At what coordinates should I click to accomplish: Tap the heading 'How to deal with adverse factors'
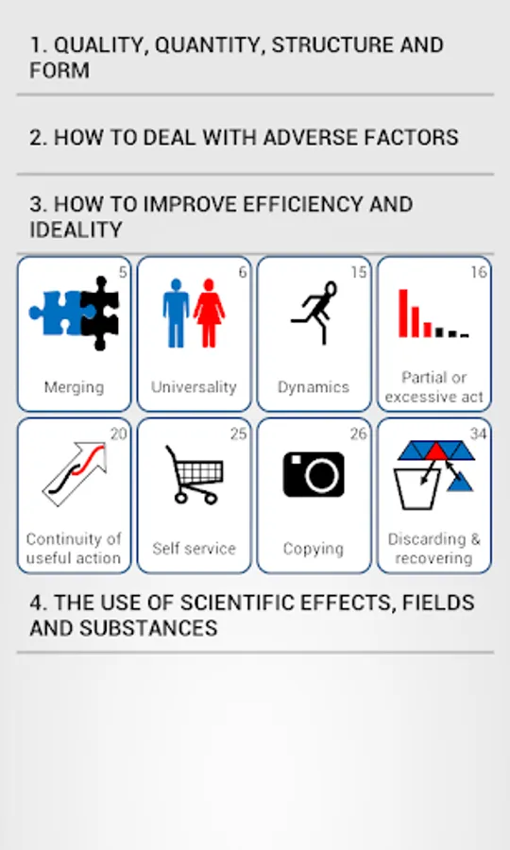pyautogui.click(x=244, y=137)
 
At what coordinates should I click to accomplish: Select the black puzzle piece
pyautogui.click(x=100, y=313)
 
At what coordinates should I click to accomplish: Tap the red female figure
pyautogui.click(x=210, y=313)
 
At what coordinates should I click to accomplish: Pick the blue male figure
pyautogui.click(x=176, y=313)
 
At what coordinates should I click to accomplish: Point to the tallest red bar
pyautogui.click(x=403, y=314)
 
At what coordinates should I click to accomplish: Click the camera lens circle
pyautogui.click(x=321, y=476)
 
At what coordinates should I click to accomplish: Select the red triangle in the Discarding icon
pyautogui.click(x=435, y=452)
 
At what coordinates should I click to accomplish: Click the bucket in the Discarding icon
pyautogui.click(x=417, y=489)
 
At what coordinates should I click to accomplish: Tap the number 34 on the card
pyautogui.click(x=478, y=433)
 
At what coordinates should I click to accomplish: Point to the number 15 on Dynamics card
pyautogui.click(x=359, y=272)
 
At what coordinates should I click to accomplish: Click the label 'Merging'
pyautogui.click(x=74, y=387)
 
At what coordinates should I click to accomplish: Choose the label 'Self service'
pyautogui.click(x=194, y=549)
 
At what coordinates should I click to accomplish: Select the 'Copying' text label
pyautogui.click(x=314, y=549)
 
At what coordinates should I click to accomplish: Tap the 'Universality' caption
pyautogui.click(x=194, y=387)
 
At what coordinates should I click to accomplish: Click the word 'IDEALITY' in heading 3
pyautogui.click(x=76, y=229)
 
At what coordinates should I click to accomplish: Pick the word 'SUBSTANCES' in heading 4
pyautogui.click(x=148, y=628)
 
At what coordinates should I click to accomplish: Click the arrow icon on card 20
pyautogui.click(x=76, y=473)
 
